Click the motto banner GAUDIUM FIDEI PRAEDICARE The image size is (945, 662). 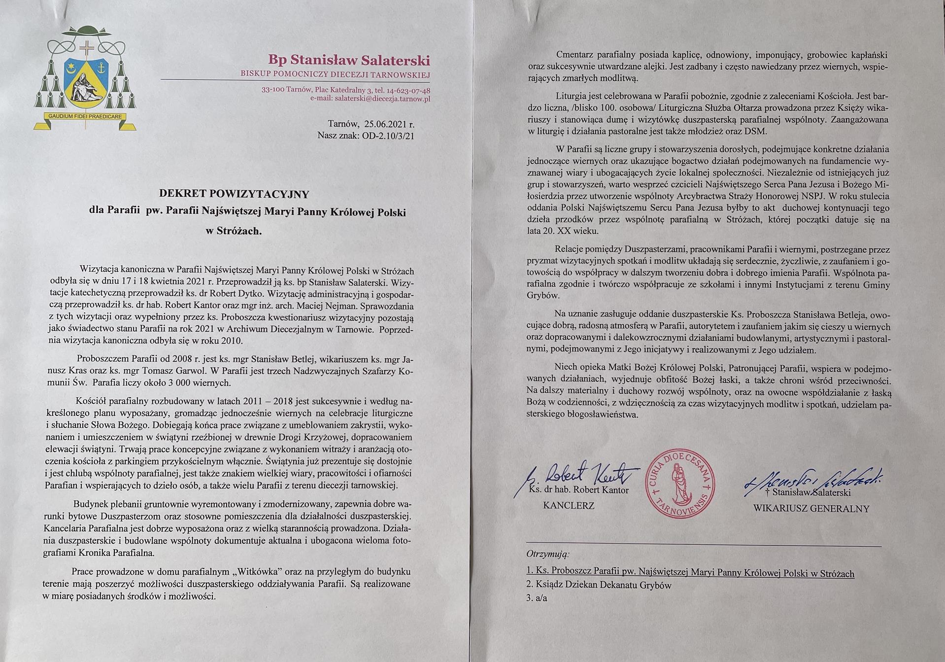85,117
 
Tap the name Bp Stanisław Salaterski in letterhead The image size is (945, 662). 349,60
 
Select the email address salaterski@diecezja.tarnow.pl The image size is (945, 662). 382,99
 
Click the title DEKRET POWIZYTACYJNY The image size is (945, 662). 234,194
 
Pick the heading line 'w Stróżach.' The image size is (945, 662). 234,231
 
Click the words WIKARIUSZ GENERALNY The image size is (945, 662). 811,509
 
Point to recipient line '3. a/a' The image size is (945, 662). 537,598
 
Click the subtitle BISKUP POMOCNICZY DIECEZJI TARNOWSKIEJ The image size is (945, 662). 335,74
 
